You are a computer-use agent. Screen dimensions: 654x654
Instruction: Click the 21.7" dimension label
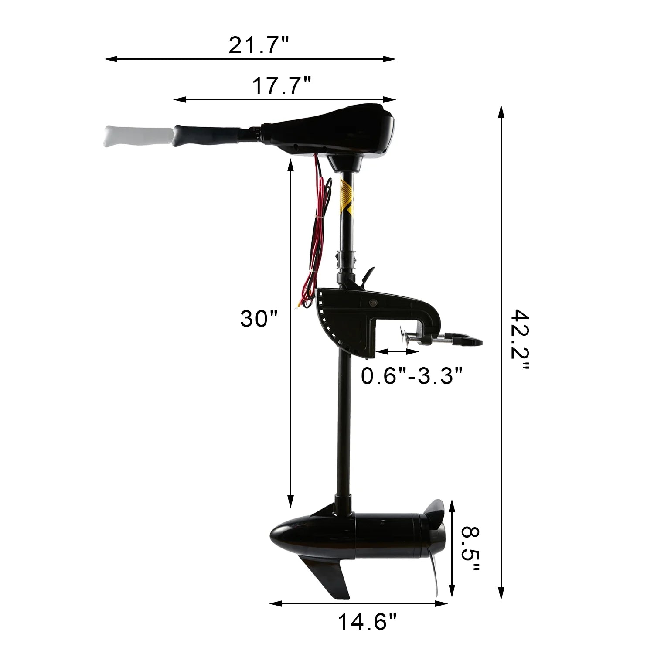click(x=259, y=45)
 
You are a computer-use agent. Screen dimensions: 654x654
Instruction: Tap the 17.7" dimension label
click(x=282, y=86)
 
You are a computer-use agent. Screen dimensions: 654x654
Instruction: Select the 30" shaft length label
click(x=259, y=319)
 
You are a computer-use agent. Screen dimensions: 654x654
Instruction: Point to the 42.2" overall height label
click(x=520, y=340)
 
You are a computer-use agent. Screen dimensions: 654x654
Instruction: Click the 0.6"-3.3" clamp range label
click(x=412, y=375)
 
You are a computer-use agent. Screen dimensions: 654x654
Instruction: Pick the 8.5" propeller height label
click(x=470, y=550)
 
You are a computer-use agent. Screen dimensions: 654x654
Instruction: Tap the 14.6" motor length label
click(x=368, y=621)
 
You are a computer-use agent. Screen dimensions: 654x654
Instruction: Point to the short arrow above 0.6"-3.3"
click(x=391, y=351)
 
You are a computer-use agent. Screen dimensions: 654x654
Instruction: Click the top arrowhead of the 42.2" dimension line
click(x=501, y=111)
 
